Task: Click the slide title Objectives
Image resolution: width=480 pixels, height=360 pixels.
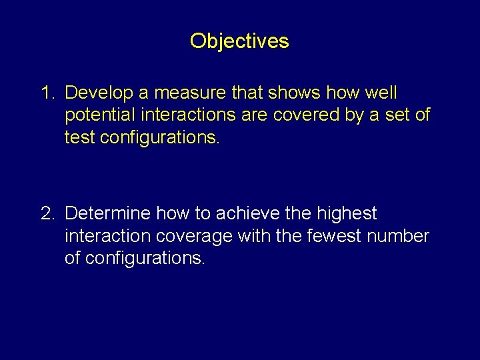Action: (x=239, y=41)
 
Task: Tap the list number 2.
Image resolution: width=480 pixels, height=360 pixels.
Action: (x=48, y=213)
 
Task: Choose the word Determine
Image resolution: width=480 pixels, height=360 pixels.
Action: (x=108, y=213)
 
